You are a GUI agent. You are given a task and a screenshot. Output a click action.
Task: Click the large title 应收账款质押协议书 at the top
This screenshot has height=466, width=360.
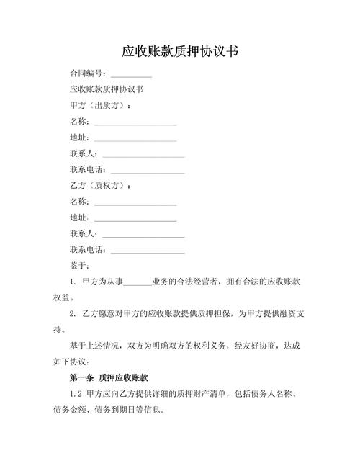pos(180,52)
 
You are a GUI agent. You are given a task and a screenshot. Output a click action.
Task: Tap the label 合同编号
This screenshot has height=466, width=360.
pos(87,73)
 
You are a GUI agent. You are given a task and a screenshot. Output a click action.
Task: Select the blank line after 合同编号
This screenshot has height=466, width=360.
pos(131,75)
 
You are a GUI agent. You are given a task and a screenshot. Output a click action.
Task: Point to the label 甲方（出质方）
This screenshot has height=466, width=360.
pos(100,106)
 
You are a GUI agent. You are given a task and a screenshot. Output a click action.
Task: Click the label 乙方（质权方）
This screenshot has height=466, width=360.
pos(100,186)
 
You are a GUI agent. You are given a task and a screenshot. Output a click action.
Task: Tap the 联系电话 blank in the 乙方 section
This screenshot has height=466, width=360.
pos(148,251)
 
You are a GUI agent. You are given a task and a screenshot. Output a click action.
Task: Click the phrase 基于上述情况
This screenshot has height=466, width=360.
pos(96,346)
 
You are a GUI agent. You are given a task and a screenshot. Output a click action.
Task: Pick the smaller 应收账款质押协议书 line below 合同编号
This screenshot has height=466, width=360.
pos(107,90)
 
